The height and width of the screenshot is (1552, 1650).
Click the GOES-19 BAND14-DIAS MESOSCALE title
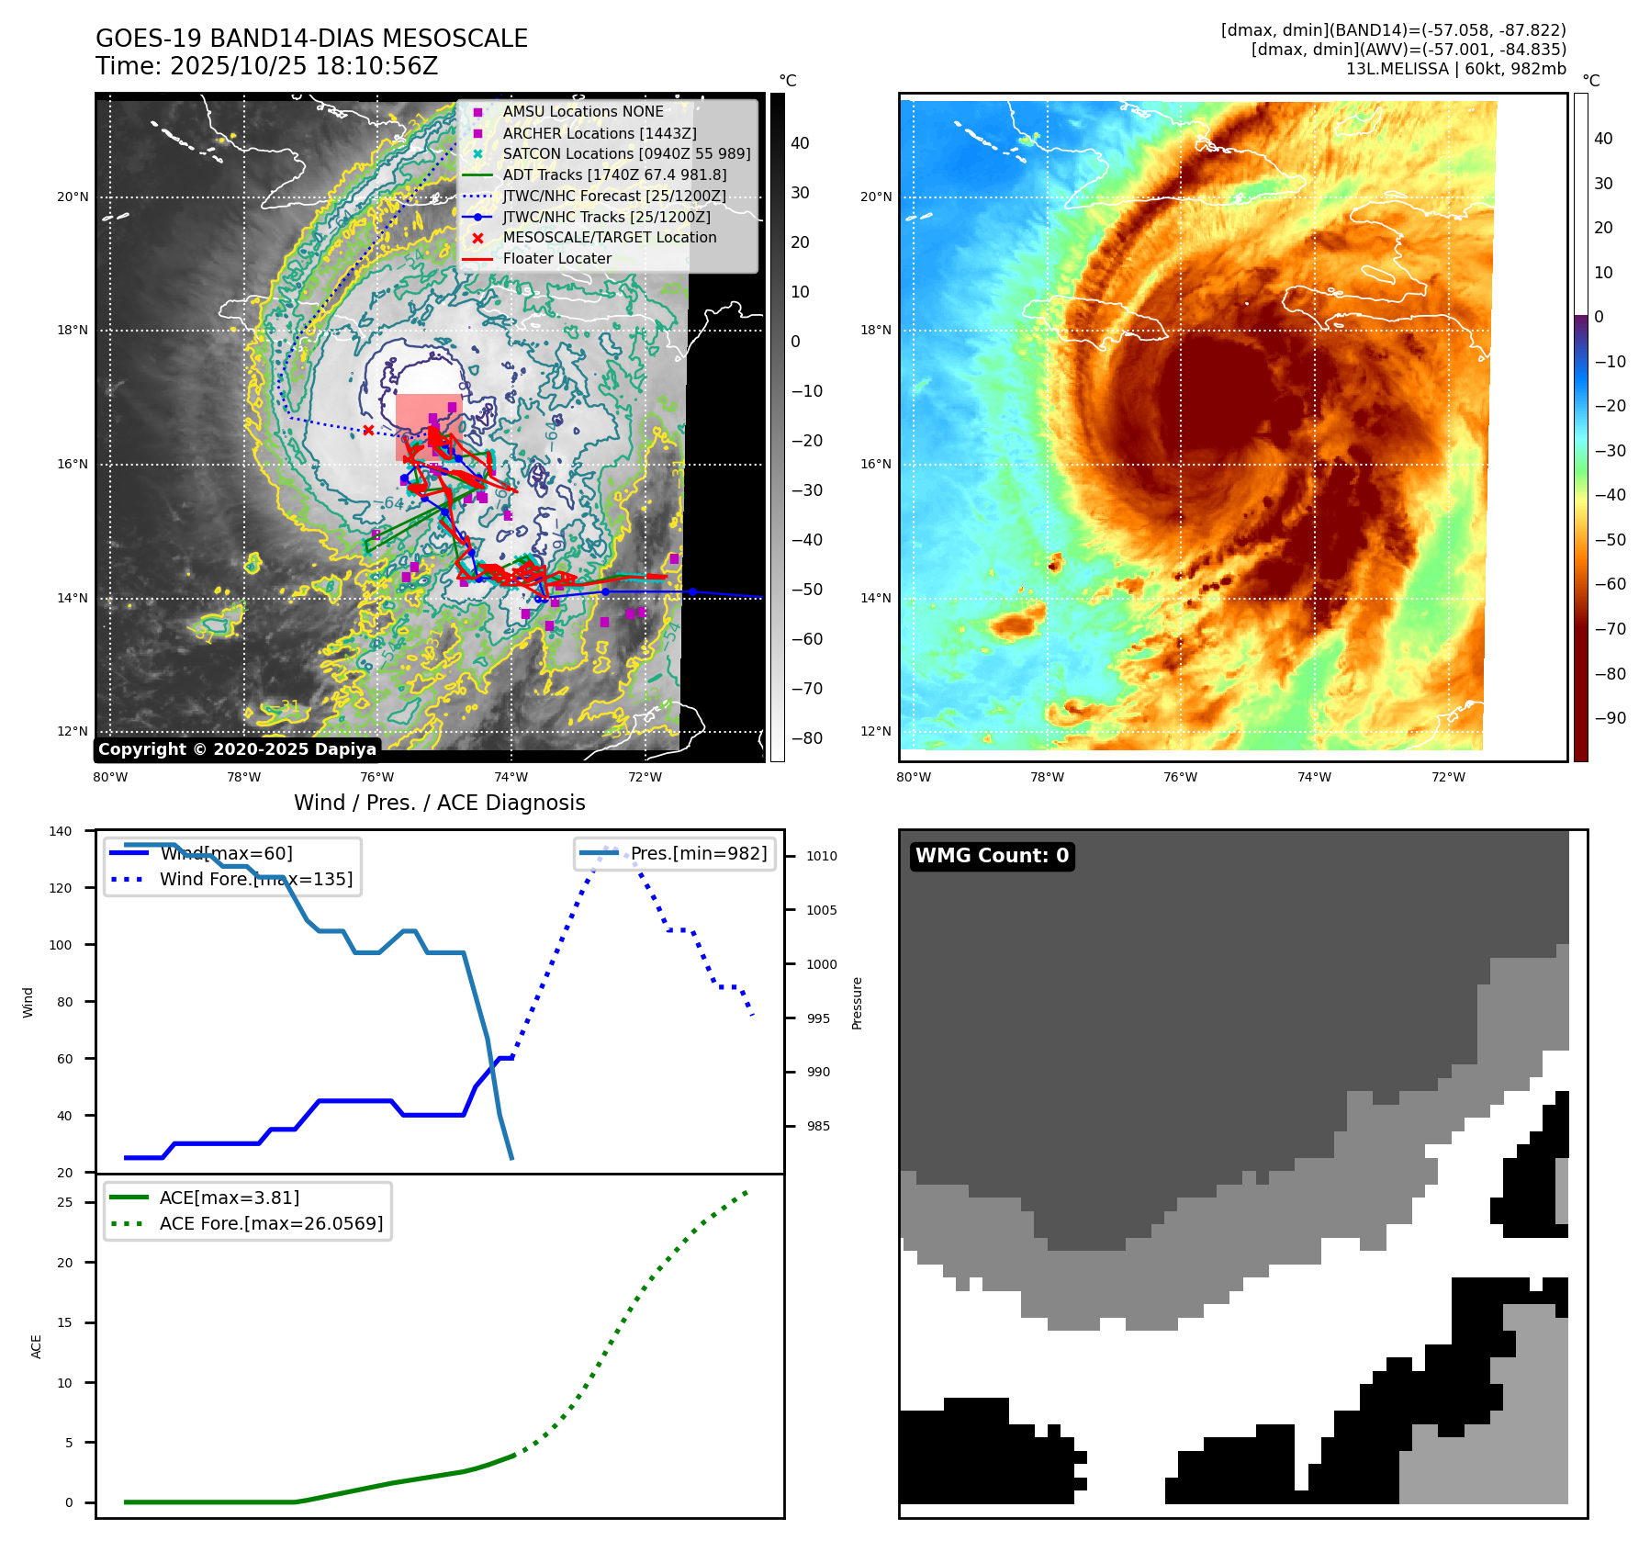[x=311, y=39]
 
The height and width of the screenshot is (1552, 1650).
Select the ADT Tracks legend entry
[x=614, y=174]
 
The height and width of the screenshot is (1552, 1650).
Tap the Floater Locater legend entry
[x=556, y=259]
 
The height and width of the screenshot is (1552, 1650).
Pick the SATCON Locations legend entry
[x=626, y=153]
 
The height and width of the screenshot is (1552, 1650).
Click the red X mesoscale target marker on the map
[x=368, y=430]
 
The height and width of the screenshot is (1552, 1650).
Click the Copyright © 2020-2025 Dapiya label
[x=237, y=749]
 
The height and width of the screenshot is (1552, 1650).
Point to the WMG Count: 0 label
[x=992, y=856]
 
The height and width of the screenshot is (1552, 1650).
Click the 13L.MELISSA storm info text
[x=1455, y=69]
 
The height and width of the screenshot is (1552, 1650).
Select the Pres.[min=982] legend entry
[x=698, y=853]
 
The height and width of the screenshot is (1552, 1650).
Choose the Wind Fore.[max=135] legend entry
[x=255, y=879]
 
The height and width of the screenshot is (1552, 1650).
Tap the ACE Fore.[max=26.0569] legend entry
[x=271, y=1223]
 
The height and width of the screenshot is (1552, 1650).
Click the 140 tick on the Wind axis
[x=61, y=831]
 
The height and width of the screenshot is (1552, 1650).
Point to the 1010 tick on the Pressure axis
[x=822, y=856]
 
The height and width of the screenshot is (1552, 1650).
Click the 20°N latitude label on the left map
[x=73, y=197]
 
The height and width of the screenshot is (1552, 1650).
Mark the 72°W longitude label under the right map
[x=1448, y=777]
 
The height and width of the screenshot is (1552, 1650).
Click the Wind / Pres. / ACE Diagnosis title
[x=439, y=803]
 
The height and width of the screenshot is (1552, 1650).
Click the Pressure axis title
[x=857, y=1003]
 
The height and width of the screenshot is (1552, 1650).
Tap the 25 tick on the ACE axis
[x=65, y=1202]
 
